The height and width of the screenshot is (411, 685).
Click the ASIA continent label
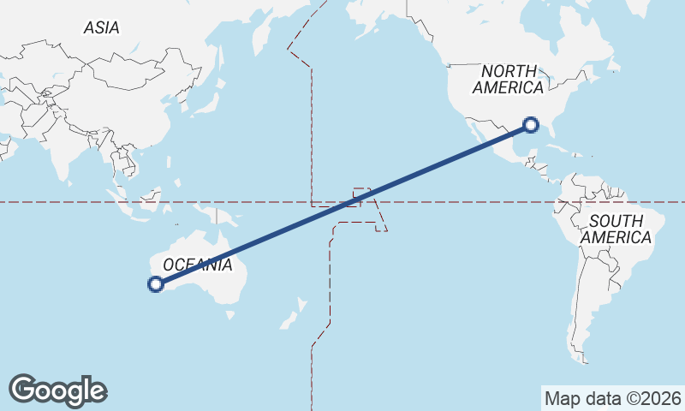click(x=101, y=27)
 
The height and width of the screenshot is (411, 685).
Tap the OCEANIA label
click(x=197, y=265)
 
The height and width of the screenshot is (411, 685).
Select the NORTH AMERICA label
click(x=508, y=79)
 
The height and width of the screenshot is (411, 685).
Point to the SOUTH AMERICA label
click(x=616, y=229)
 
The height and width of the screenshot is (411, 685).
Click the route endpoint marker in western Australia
click(x=156, y=284)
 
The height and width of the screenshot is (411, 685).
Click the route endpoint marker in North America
click(x=531, y=125)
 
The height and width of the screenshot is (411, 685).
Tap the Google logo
click(x=57, y=390)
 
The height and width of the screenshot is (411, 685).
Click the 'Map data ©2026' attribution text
click(x=612, y=398)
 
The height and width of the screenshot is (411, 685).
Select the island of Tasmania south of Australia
click(x=229, y=314)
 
